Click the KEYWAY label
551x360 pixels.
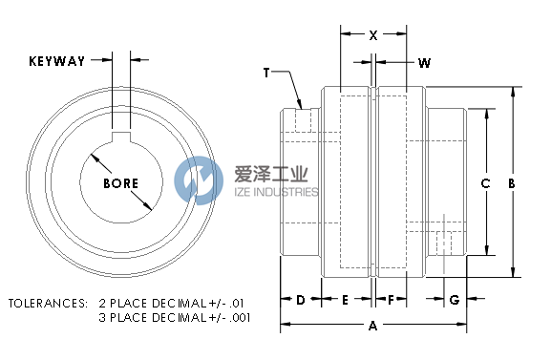pyautogui.click(x=56, y=61)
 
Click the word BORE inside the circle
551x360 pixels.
pyautogui.click(x=121, y=183)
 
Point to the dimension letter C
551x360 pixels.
pyautogui.click(x=485, y=182)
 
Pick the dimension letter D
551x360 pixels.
pyautogui.click(x=300, y=300)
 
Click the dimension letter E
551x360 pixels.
pyautogui.click(x=345, y=300)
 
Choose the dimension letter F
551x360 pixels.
pyautogui.click(x=391, y=300)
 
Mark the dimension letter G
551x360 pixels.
pyautogui.click(x=454, y=300)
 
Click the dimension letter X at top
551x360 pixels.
pyautogui.click(x=372, y=35)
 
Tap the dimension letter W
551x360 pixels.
pyautogui.click(x=424, y=63)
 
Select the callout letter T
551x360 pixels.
pyautogui.click(x=267, y=73)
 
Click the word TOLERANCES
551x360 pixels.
pyautogui.click(x=47, y=303)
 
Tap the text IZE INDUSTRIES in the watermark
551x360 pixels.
pyautogui.click(x=276, y=192)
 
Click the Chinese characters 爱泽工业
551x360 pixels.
pyautogui.click(x=271, y=175)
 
